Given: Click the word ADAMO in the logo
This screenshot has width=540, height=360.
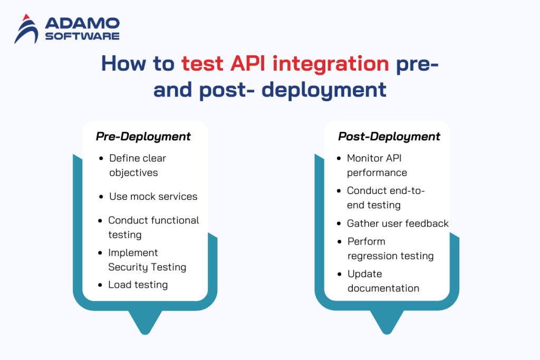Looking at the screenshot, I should pyautogui.click(x=82, y=23).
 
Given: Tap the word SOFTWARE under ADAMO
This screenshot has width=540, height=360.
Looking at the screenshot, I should pyautogui.click(x=82, y=36).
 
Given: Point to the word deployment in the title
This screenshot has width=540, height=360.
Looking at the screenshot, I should pyautogui.click(x=324, y=89).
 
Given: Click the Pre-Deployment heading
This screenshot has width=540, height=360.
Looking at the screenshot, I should pyautogui.click(x=143, y=137).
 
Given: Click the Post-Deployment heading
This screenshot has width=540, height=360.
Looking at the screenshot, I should pyautogui.click(x=389, y=137).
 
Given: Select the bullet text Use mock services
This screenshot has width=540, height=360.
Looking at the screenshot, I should pyautogui.click(x=153, y=197).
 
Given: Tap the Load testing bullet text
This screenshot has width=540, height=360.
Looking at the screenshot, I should pyautogui.click(x=138, y=285).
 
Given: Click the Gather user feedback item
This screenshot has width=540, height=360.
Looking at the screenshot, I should pyautogui.click(x=398, y=223).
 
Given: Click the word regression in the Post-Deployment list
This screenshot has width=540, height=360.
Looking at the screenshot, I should pyautogui.click(x=371, y=256).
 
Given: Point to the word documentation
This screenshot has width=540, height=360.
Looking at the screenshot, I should pyautogui.click(x=383, y=288).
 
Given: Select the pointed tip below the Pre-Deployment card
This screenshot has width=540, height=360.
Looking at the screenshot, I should pyautogui.click(x=143, y=329).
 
